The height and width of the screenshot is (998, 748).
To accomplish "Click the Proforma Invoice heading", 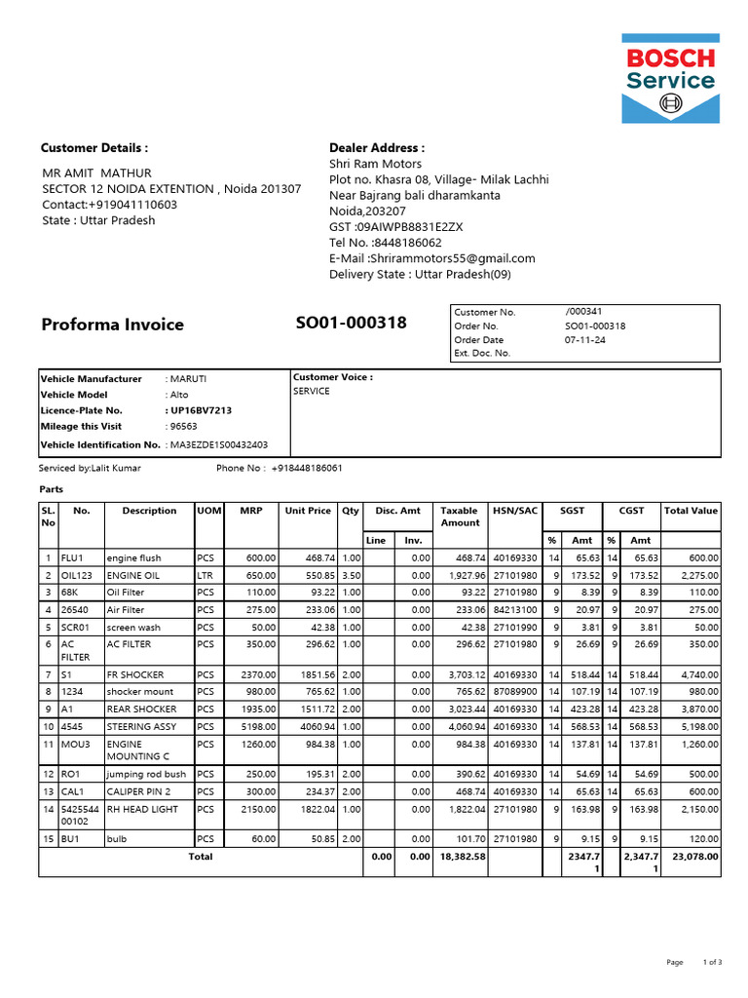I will pos(112,325).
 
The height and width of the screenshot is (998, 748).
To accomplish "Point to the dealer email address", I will pos(451,258).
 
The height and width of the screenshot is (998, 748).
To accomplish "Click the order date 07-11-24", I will pos(585,340).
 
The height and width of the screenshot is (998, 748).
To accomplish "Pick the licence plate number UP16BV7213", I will pos(201,411).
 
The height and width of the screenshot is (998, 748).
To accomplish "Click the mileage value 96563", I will pos(183,427).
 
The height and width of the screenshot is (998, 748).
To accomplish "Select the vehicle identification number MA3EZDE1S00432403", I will pos(218,444).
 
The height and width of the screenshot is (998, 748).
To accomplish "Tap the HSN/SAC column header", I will pos(515,511).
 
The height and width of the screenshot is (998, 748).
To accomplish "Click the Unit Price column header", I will pos(308,511).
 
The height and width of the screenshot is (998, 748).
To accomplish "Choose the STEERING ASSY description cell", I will pos(142,727).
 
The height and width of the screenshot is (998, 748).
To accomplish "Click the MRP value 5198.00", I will pos(258,727).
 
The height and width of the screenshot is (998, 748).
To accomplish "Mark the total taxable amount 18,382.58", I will pos(463,857).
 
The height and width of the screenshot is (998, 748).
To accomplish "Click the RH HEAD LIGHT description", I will pos(142,810).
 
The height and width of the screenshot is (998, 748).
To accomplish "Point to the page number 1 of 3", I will pos(712,962).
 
